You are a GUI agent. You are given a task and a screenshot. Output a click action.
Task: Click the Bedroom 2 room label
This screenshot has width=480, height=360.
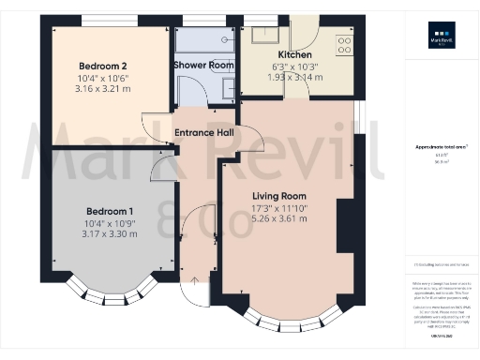103,66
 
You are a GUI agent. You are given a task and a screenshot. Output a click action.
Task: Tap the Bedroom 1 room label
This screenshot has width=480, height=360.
111,210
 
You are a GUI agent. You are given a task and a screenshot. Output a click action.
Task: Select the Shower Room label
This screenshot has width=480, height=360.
203,65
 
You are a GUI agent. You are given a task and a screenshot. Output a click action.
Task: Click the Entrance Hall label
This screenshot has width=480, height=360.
204,133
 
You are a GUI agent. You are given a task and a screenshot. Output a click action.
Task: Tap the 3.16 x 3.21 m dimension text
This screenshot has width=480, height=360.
103,89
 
